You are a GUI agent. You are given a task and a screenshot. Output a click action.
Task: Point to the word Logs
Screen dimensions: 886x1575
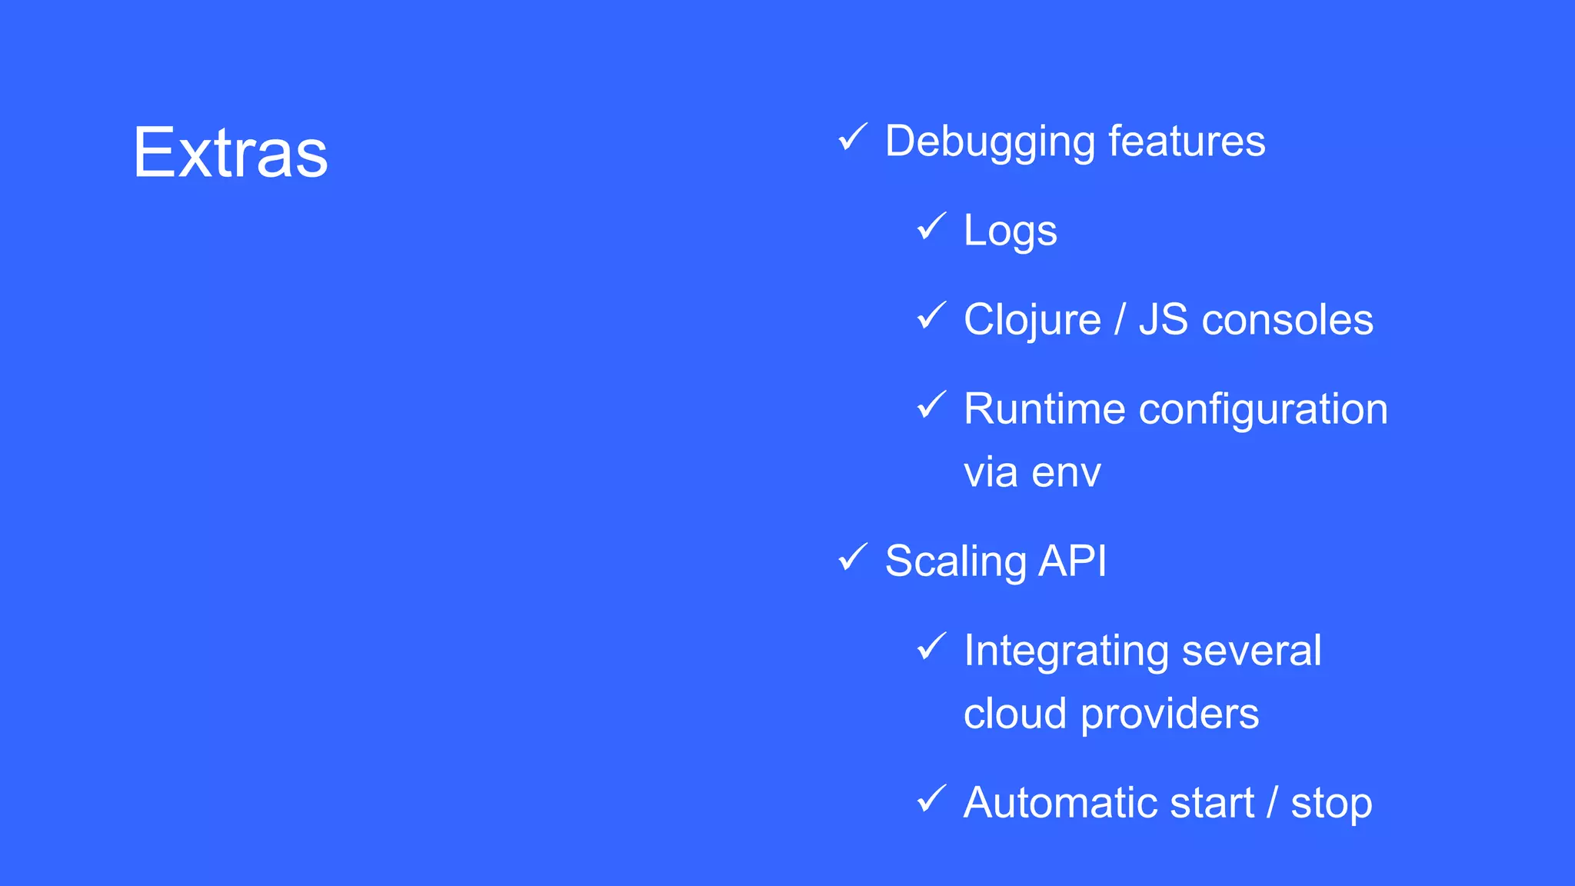(1010, 231)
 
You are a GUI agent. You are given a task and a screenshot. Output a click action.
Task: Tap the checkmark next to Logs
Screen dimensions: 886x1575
(931, 226)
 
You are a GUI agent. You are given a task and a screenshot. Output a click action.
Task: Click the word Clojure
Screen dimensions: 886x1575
(1032, 320)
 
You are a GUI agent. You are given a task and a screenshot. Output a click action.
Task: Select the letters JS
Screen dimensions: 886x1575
(1164, 319)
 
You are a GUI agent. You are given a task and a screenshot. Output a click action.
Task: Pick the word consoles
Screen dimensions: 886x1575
(1287, 320)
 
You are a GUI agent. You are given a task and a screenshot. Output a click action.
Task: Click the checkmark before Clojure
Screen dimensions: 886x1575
(931, 315)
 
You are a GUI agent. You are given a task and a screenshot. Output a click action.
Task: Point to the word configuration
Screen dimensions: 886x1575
(1263, 410)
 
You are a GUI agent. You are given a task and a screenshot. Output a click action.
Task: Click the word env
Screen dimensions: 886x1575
(1066, 472)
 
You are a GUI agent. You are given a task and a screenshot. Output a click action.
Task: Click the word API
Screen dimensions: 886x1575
(1073, 561)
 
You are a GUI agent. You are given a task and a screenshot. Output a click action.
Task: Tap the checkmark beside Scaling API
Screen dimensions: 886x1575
(852, 557)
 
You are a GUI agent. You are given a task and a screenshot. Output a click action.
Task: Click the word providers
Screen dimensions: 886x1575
(1170, 714)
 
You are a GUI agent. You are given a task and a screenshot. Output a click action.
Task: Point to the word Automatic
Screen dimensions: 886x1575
(1061, 803)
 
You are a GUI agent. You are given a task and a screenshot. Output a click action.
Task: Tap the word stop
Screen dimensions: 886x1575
(1331, 804)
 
